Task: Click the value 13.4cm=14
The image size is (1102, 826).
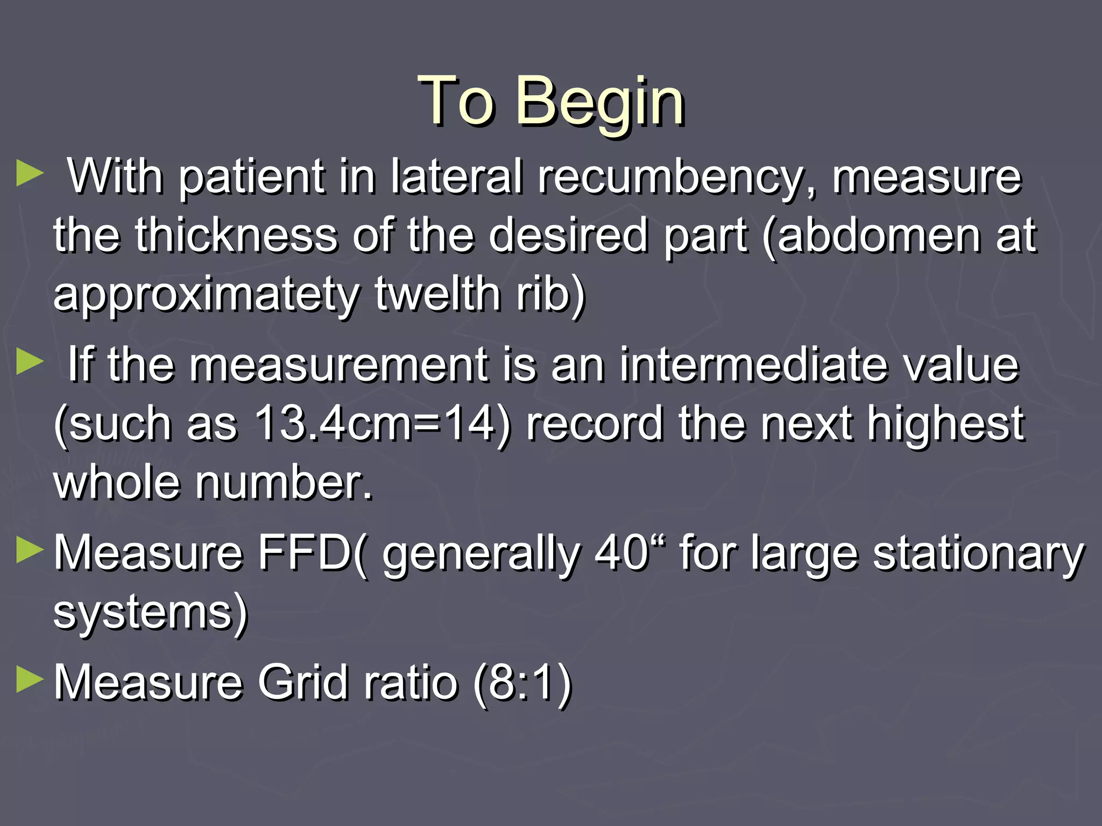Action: click(375, 423)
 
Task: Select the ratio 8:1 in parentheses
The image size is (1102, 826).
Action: click(521, 683)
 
